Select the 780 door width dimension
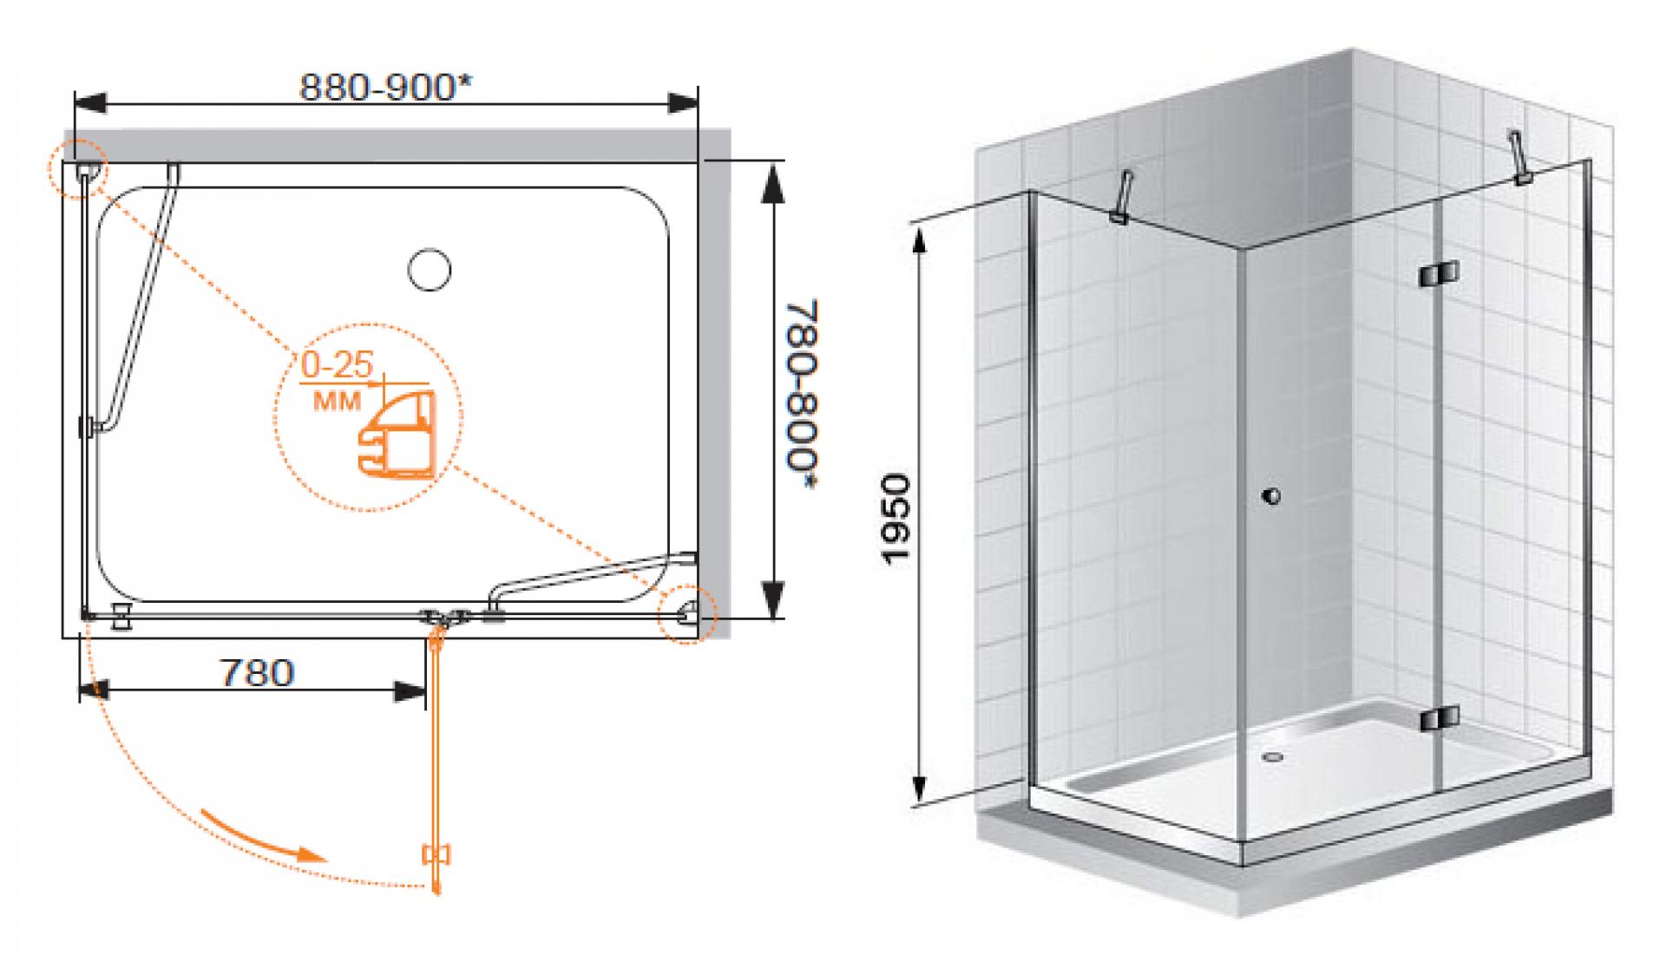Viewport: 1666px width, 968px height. (x=256, y=672)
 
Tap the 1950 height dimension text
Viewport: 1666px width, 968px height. (x=895, y=519)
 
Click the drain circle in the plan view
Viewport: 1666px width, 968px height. (x=429, y=269)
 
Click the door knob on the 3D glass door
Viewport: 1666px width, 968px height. (x=1271, y=496)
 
